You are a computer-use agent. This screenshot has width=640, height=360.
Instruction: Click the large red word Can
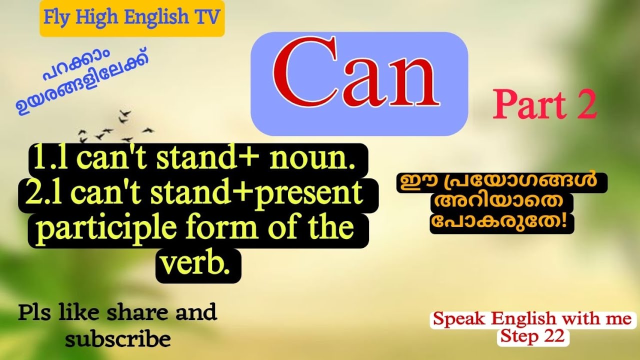(356, 73)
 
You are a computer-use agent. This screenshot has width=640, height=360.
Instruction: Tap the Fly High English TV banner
(132, 18)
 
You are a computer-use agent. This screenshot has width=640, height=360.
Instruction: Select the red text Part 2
(545, 104)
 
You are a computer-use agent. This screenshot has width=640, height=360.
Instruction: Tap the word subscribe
(118, 339)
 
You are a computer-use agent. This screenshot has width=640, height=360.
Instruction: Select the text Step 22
(533, 336)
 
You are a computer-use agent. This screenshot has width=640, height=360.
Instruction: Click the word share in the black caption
(137, 312)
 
